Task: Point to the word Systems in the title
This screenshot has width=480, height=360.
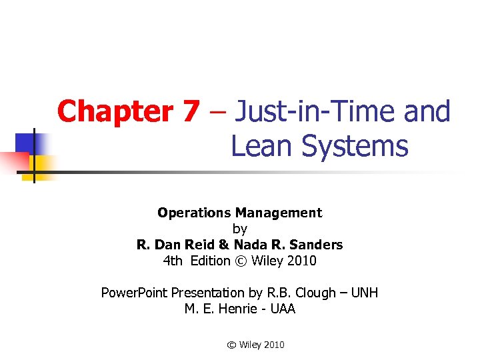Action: (x=354, y=146)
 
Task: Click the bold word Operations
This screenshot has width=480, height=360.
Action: (x=194, y=213)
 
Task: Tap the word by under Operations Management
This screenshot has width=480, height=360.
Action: (x=240, y=229)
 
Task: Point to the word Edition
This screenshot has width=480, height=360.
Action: (x=209, y=261)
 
